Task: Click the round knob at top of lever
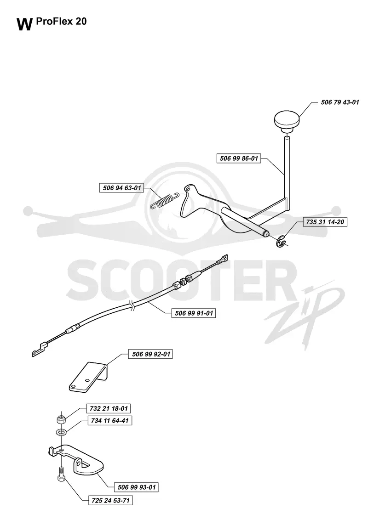pyautogui.click(x=287, y=122)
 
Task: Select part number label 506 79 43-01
pyautogui.click(x=340, y=102)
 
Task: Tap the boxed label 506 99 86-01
pyautogui.click(x=239, y=158)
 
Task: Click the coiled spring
pyautogui.click(x=164, y=201)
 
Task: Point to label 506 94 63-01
pyautogui.click(x=122, y=188)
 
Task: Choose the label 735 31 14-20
pyautogui.click(x=325, y=222)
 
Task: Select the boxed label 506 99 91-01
pyautogui.click(x=194, y=313)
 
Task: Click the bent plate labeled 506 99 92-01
pyautogui.click(x=88, y=377)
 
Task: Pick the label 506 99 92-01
pyautogui.click(x=151, y=354)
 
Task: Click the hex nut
pyautogui.click(x=61, y=419)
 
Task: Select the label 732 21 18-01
pyautogui.click(x=109, y=408)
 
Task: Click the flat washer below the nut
pyautogui.click(x=61, y=432)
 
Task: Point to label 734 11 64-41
pyautogui.click(x=109, y=421)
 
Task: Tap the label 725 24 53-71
pyautogui.click(x=110, y=501)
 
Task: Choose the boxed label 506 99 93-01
pyautogui.click(x=137, y=487)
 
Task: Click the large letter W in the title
pyautogui.click(x=25, y=25)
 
